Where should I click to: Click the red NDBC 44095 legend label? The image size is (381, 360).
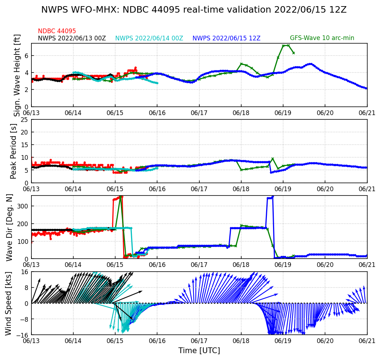[x=57, y=31]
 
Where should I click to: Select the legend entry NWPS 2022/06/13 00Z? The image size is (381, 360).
[x=72, y=38]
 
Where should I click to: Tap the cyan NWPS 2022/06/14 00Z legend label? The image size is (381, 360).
[x=149, y=38]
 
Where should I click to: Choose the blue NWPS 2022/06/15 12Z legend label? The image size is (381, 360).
[x=226, y=38]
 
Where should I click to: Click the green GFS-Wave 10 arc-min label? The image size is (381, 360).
[x=322, y=38]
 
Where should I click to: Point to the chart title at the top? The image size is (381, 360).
[x=194, y=10]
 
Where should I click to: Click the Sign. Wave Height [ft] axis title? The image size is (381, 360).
[x=17, y=75]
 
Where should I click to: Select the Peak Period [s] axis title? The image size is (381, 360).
[x=14, y=151]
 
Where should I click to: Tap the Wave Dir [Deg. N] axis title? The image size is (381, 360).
[x=10, y=227]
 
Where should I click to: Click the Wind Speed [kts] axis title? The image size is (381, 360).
[x=9, y=303]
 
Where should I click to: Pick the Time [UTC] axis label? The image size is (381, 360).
[x=199, y=351]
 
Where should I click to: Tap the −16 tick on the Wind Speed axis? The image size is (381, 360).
[x=23, y=335]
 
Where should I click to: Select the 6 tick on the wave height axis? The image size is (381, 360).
[x=27, y=56]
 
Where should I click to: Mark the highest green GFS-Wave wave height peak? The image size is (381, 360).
[x=288, y=45]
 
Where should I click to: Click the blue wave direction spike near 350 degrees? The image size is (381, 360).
[x=273, y=197]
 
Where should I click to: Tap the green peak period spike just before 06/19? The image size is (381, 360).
[x=273, y=159]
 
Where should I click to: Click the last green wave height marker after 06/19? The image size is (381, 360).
[x=294, y=53]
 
